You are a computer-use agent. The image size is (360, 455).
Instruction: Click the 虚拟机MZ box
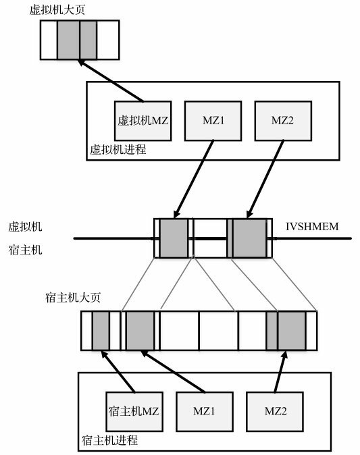click(142, 121)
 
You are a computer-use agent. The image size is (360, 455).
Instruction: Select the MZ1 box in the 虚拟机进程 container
click(212, 121)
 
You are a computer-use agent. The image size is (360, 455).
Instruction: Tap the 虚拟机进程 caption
click(118, 149)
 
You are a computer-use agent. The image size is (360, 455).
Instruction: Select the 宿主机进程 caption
click(109, 440)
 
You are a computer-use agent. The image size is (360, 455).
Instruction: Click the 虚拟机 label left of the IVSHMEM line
click(24, 227)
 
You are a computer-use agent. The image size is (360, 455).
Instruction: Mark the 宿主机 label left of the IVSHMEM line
click(24, 250)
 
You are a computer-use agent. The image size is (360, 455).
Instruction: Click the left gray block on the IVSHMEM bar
click(174, 238)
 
